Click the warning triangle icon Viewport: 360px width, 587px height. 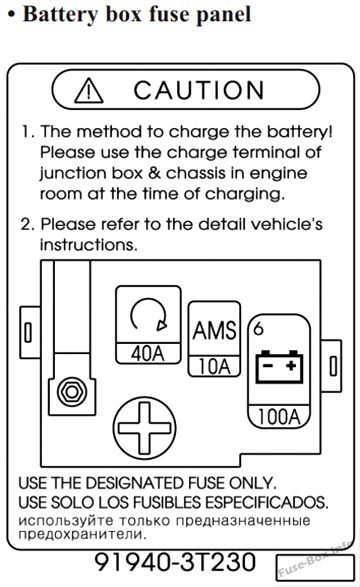pos(89,91)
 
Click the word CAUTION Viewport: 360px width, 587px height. pos(199,90)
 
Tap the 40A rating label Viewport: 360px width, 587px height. pos(148,353)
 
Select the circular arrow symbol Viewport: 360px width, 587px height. pos(148,314)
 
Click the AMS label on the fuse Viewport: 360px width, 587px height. pos(214,330)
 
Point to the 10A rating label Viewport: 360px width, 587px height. pos(214,366)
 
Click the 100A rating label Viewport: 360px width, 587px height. pos(279,416)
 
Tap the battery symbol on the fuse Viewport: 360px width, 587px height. pos(279,367)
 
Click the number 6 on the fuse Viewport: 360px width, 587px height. pos(259,328)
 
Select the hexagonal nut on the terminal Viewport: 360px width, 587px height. pos(72,392)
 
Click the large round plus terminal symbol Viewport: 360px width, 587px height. pos(144,428)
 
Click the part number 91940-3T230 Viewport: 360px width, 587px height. pos(175,562)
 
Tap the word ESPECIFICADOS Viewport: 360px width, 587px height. pos(267,502)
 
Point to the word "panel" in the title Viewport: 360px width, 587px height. pos(224,15)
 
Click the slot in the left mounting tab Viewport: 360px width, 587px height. pos(28,331)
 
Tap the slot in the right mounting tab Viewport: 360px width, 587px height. pos(333,365)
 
